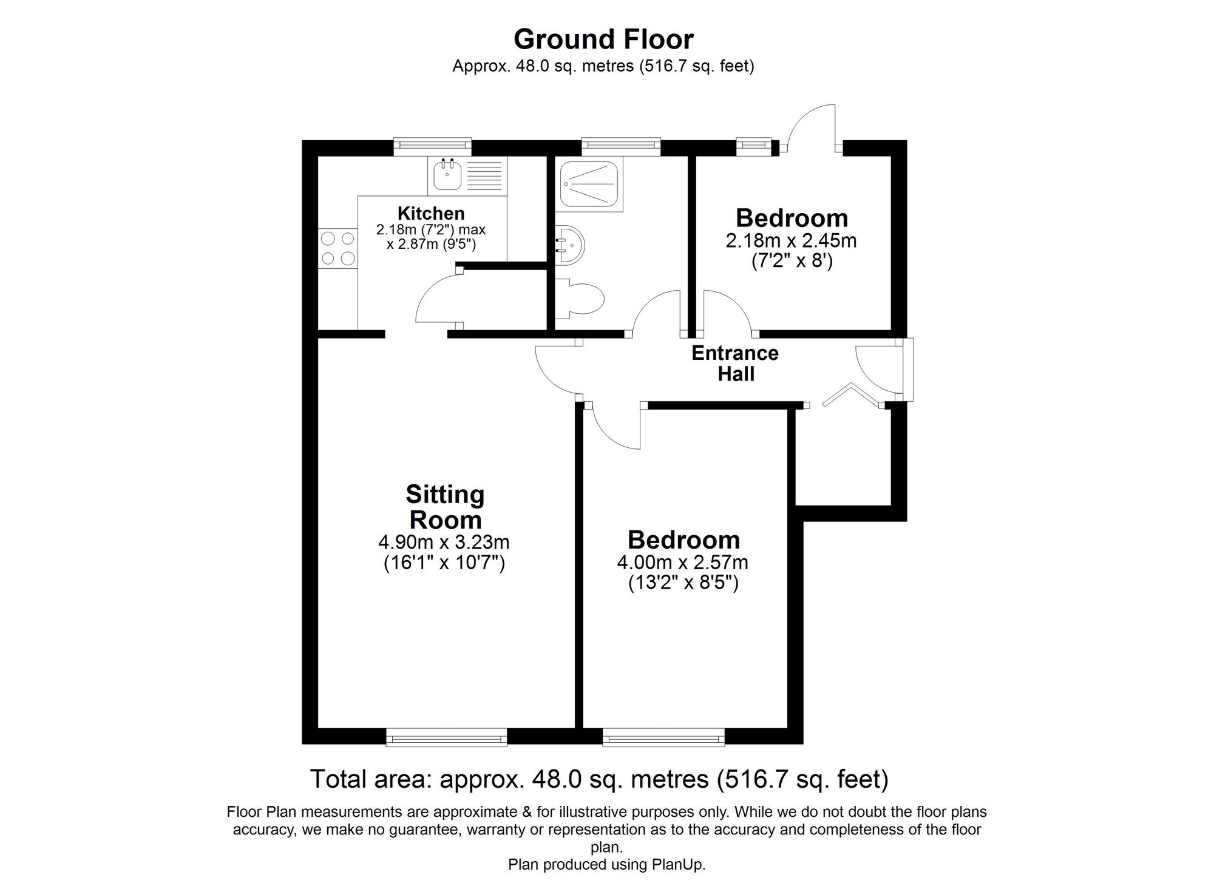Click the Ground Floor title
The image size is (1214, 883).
click(x=603, y=40)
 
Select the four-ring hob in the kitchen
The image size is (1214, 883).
click(x=338, y=248)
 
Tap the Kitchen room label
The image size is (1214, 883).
click(x=431, y=214)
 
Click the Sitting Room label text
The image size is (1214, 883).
click(x=445, y=507)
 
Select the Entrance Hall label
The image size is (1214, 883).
click(x=735, y=363)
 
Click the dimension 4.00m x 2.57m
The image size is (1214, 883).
click(x=682, y=563)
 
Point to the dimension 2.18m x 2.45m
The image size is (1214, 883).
click(x=791, y=241)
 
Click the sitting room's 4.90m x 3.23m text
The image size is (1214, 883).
click(x=444, y=541)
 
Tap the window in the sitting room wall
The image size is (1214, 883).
click(x=446, y=738)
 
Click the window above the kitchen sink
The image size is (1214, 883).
click(x=432, y=144)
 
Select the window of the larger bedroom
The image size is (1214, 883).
click(x=663, y=738)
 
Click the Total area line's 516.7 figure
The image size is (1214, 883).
click(x=751, y=779)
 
